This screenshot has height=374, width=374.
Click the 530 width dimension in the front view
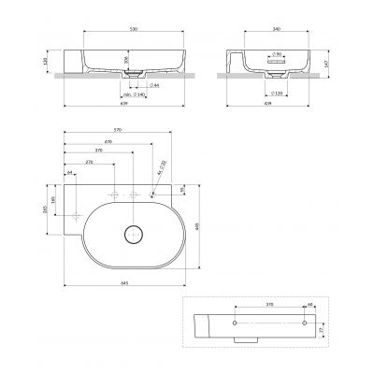(134, 29)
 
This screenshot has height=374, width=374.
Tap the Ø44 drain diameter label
(152, 85)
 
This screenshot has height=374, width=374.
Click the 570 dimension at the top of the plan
(117, 129)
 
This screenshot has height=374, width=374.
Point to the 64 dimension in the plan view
(70, 173)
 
